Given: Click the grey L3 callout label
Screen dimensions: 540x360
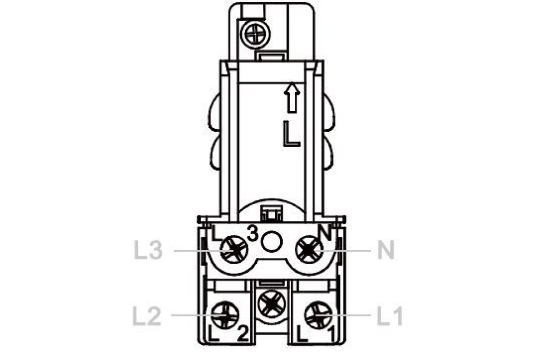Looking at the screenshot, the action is [148, 251].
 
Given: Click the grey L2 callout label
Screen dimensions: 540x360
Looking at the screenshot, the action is [147, 316].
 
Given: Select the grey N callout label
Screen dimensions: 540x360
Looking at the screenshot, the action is [386, 251].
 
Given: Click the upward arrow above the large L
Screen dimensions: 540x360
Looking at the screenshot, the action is [292, 98].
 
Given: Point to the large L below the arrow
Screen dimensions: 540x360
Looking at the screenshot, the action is [291, 134].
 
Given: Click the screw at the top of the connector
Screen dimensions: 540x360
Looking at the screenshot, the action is [256, 34].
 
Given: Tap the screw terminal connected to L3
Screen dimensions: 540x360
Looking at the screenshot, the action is [234, 250].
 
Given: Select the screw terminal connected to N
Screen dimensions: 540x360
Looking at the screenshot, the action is [309, 250].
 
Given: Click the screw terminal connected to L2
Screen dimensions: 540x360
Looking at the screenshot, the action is [225, 315].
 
